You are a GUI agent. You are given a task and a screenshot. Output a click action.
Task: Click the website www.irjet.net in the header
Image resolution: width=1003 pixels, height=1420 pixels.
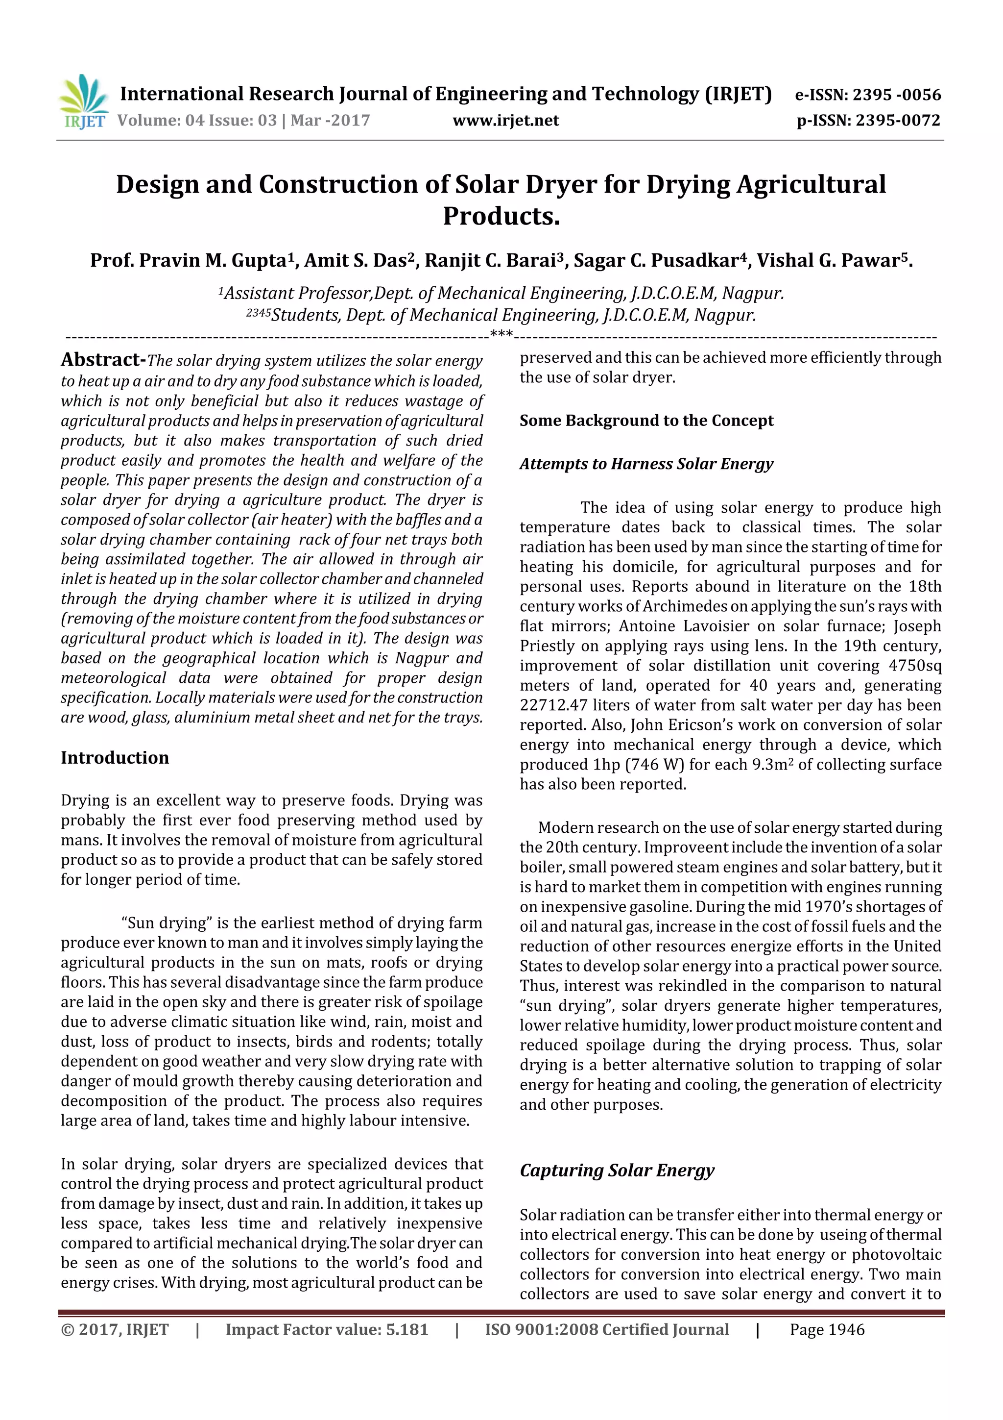coord(505,121)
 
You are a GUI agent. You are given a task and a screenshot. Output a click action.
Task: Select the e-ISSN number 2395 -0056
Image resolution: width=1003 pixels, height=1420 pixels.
coord(896,95)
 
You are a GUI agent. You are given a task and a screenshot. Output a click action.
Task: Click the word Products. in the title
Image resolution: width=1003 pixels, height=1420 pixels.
coord(501,216)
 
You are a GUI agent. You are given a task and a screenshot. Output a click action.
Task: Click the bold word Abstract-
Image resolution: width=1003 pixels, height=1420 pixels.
coord(103,359)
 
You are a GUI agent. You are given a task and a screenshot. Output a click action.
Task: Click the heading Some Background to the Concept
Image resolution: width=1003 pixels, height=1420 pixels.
coord(646,421)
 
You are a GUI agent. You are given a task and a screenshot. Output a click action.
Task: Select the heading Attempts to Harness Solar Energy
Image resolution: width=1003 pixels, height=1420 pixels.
coord(646,464)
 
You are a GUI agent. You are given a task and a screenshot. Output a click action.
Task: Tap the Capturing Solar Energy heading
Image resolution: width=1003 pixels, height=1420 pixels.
coord(617,1170)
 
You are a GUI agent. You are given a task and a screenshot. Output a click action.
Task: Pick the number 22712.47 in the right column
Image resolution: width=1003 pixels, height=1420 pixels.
coord(553,705)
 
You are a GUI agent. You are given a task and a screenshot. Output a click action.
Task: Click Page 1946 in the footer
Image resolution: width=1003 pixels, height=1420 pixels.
coord(827,1330)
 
